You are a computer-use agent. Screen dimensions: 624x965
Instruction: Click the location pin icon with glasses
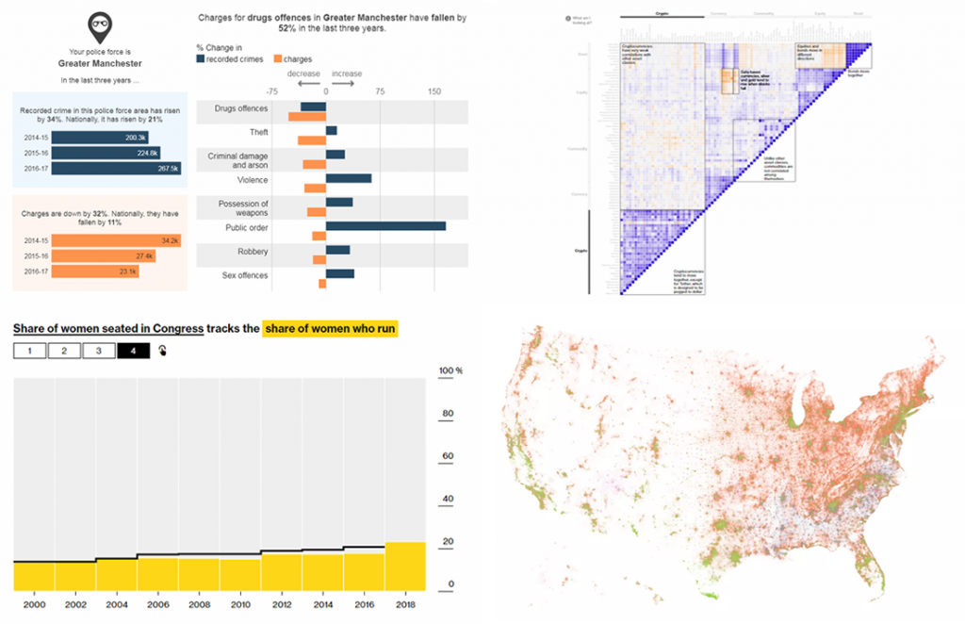point(96,24)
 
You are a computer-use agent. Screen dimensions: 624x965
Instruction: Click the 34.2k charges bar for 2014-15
point(117,240)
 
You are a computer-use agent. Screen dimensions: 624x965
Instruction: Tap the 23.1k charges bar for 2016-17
point(95,271)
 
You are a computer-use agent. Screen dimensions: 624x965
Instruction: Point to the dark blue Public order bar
point(385,225)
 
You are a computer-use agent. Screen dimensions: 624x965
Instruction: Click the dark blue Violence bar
point(348,178)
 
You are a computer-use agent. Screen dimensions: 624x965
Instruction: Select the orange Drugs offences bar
point(306,117)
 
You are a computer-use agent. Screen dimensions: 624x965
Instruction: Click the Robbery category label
point(252,252)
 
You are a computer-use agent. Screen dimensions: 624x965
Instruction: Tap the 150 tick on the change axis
point(433,92)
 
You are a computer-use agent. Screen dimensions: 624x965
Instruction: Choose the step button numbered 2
point(64,351)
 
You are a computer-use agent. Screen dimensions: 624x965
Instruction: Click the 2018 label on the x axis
point(405,603)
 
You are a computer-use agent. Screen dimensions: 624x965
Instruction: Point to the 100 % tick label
point(450,371)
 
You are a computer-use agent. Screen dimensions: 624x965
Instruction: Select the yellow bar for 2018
point(405,566)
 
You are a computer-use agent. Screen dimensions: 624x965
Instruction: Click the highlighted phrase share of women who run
point(330,328)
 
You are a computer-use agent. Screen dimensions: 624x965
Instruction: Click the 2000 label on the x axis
point(33,603)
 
